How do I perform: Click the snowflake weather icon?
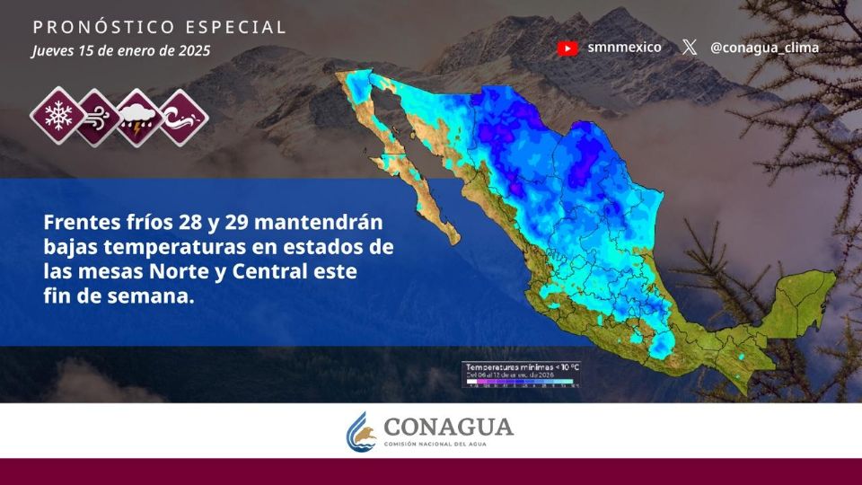pos(57,116)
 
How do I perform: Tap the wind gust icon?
pos(98,116)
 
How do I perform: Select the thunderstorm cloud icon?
pos(139,116)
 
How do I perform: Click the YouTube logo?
pos(567,48)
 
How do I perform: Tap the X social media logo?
pos(689,48)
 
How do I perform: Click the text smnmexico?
pos(624,48)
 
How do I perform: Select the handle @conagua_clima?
pos(764,48)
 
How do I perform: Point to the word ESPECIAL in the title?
pos(236,27)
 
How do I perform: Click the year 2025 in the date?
pos(193,50)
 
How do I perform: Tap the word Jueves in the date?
pos(53,51)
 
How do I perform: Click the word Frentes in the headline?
pos(81,221)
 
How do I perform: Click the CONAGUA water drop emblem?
pos(361,431)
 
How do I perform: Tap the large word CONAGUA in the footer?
pos(448,426)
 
